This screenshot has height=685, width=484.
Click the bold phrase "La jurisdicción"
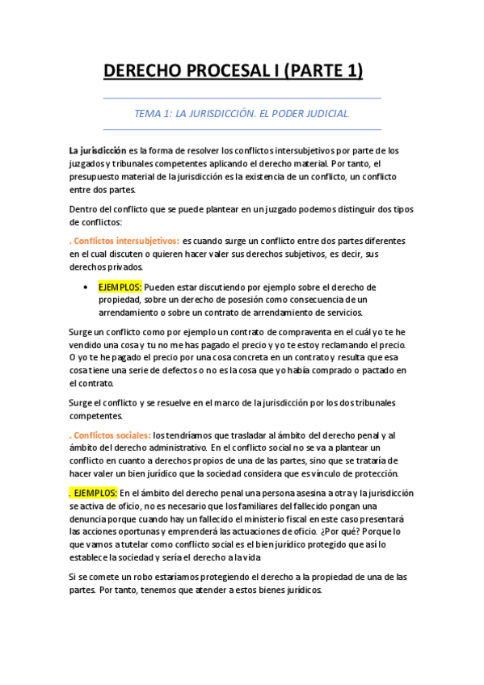97,150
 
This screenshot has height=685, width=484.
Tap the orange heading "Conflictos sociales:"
112,435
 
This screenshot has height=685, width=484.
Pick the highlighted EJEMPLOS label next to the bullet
120,287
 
